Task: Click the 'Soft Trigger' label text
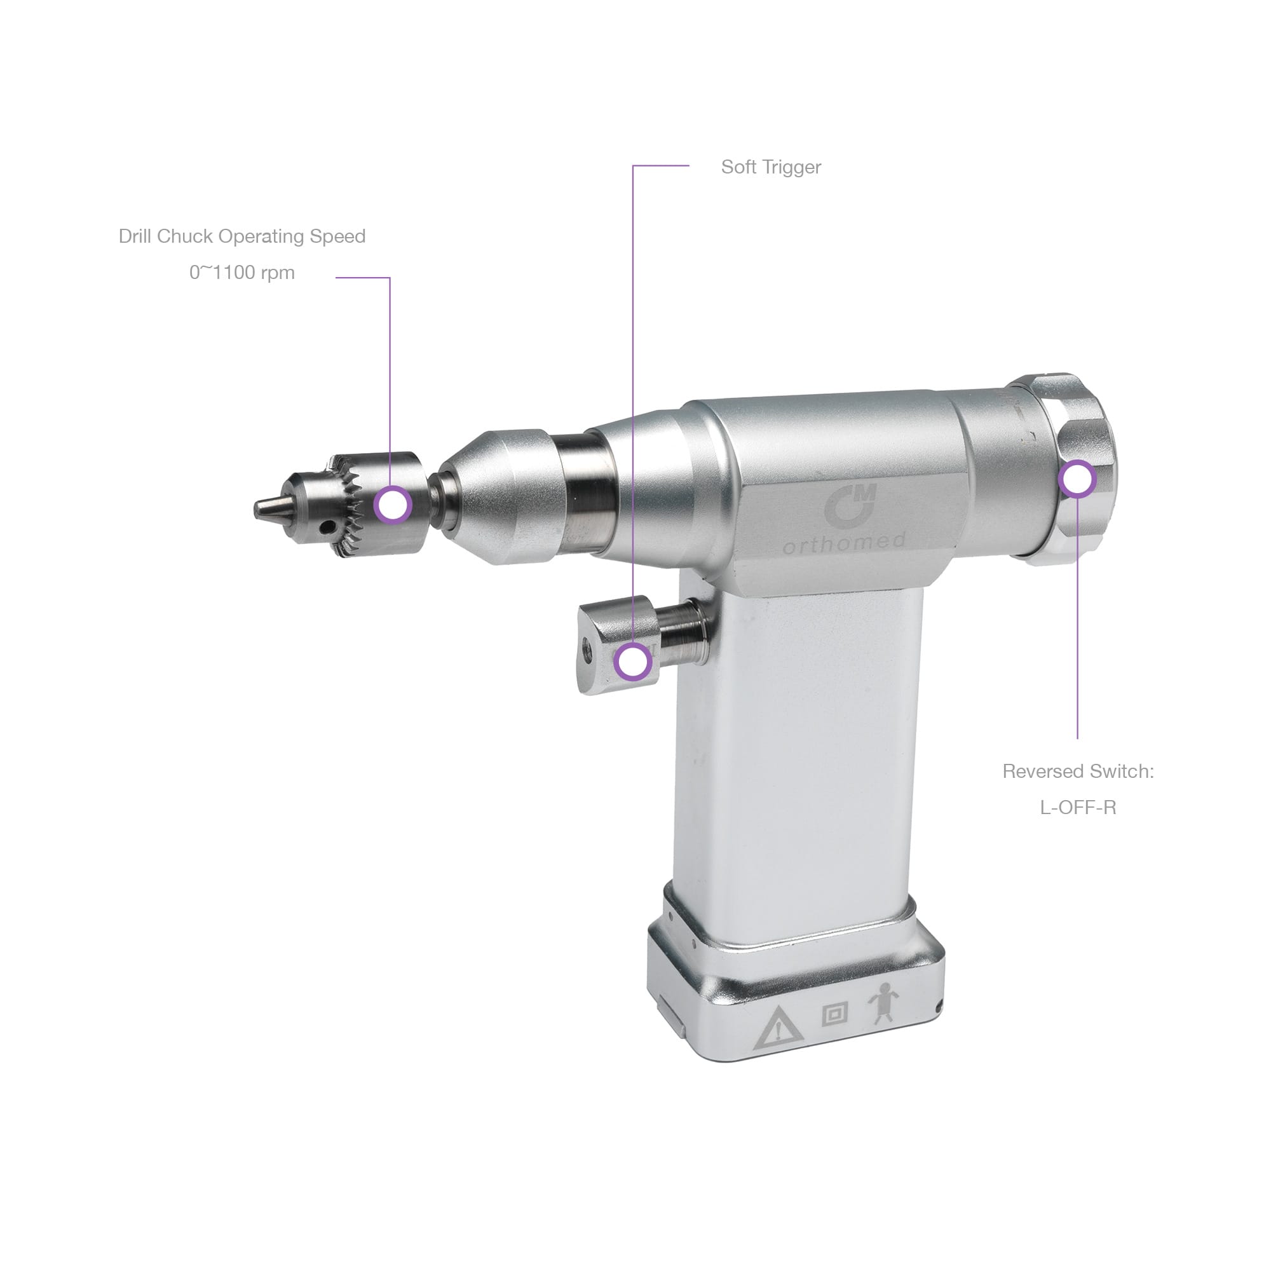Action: [770, 168]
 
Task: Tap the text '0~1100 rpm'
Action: [242, 273]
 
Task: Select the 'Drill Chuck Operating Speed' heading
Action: [242, 236]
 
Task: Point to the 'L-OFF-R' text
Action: [1078, 807]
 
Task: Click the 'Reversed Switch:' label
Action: [1078, 771]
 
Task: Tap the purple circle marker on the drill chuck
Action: [393, 505]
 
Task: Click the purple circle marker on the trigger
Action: [633, 662]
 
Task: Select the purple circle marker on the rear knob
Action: [1078, 479]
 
